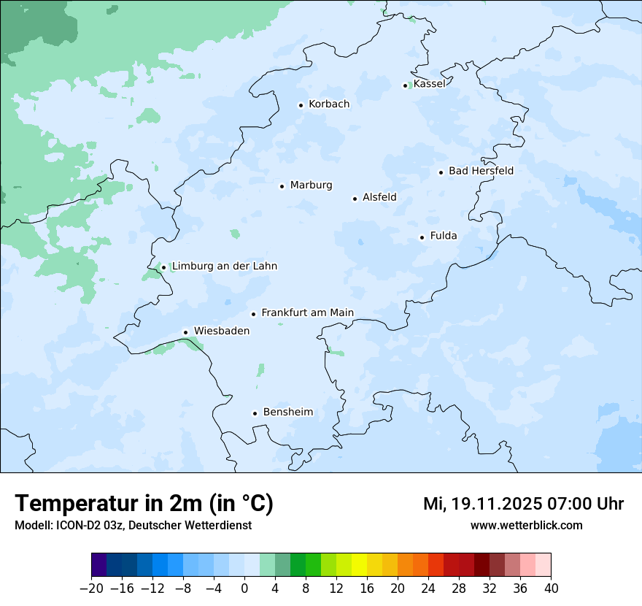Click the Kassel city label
tap(429, 84)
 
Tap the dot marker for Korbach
tap(301, 105)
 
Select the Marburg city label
tap(311, 185)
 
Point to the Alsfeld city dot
tap(355, 199)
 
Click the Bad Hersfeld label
tap(481, 172)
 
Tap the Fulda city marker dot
tap(422, 237)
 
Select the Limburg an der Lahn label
tap(224, 266)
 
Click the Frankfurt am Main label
tap(307, 313)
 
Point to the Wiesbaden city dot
tap(186, 332)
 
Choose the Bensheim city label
tap(287, 413)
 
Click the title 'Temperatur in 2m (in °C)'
tap(144, 504)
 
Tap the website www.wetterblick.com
tap(526, 525)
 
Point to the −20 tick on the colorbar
tap(92, 588)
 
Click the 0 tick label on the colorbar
tap(244, 588)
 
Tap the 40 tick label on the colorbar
tap(551, 588)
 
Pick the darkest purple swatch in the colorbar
tap(99, 565)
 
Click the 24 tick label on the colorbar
tap(428, 588)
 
